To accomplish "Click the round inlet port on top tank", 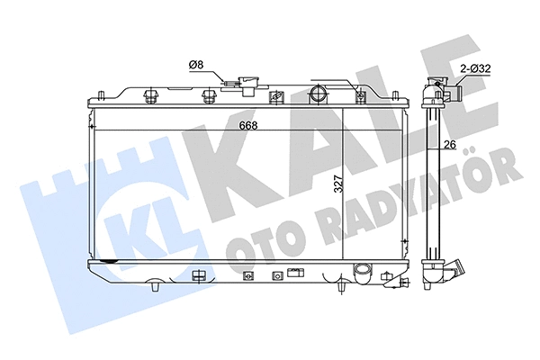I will coord(317,94).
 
